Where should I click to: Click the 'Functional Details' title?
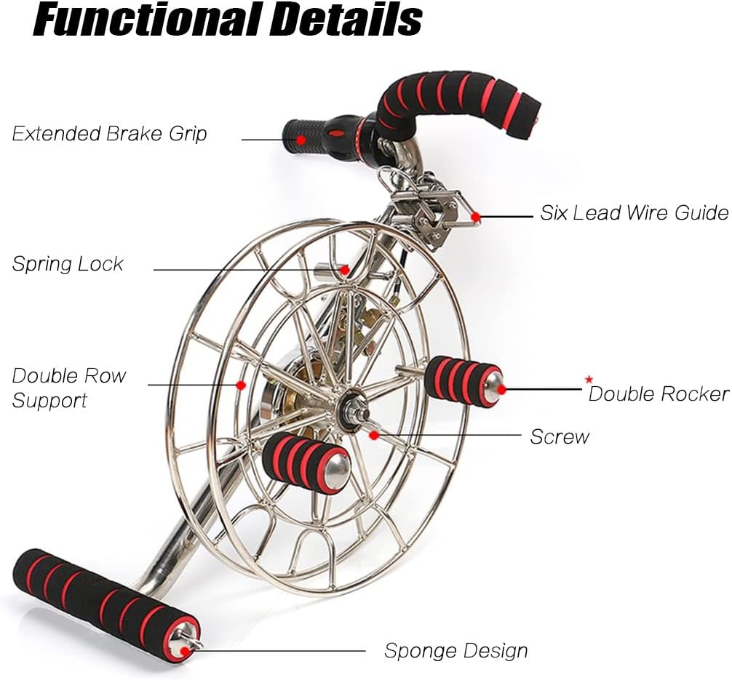tap(228, 20)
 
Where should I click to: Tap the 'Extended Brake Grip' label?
tap(110, 134)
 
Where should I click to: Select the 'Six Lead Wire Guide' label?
tap(633, 213)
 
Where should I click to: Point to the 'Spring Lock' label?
tap(68, 263)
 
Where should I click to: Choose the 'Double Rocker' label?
tap(659, 393)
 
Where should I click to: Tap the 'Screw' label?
tap(559, 436)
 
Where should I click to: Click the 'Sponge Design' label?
tap(455, 650)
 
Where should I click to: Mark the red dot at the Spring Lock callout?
tap(346, 271)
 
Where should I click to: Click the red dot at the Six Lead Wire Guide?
tap(475, 217)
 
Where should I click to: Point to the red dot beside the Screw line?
tap(374, 435)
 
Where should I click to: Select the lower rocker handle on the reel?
tap(306, 463)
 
